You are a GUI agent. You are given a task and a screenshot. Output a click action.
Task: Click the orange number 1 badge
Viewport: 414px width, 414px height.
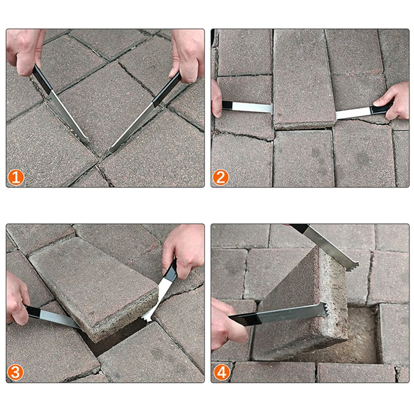click(x=16, y=177)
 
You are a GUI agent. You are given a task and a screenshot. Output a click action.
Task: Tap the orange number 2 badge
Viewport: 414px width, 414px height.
click(x=221, y=177)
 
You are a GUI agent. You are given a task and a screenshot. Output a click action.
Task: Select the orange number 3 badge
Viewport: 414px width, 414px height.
click(x=15, y=372)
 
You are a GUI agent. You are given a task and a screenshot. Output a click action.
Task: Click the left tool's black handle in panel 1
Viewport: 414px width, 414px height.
click(x=42, y=79)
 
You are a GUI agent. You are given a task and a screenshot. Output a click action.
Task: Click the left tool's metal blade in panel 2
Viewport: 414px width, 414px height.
click(x=252, y=108)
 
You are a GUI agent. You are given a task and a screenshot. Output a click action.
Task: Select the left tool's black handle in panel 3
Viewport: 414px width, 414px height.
click(x=33, y=312)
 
